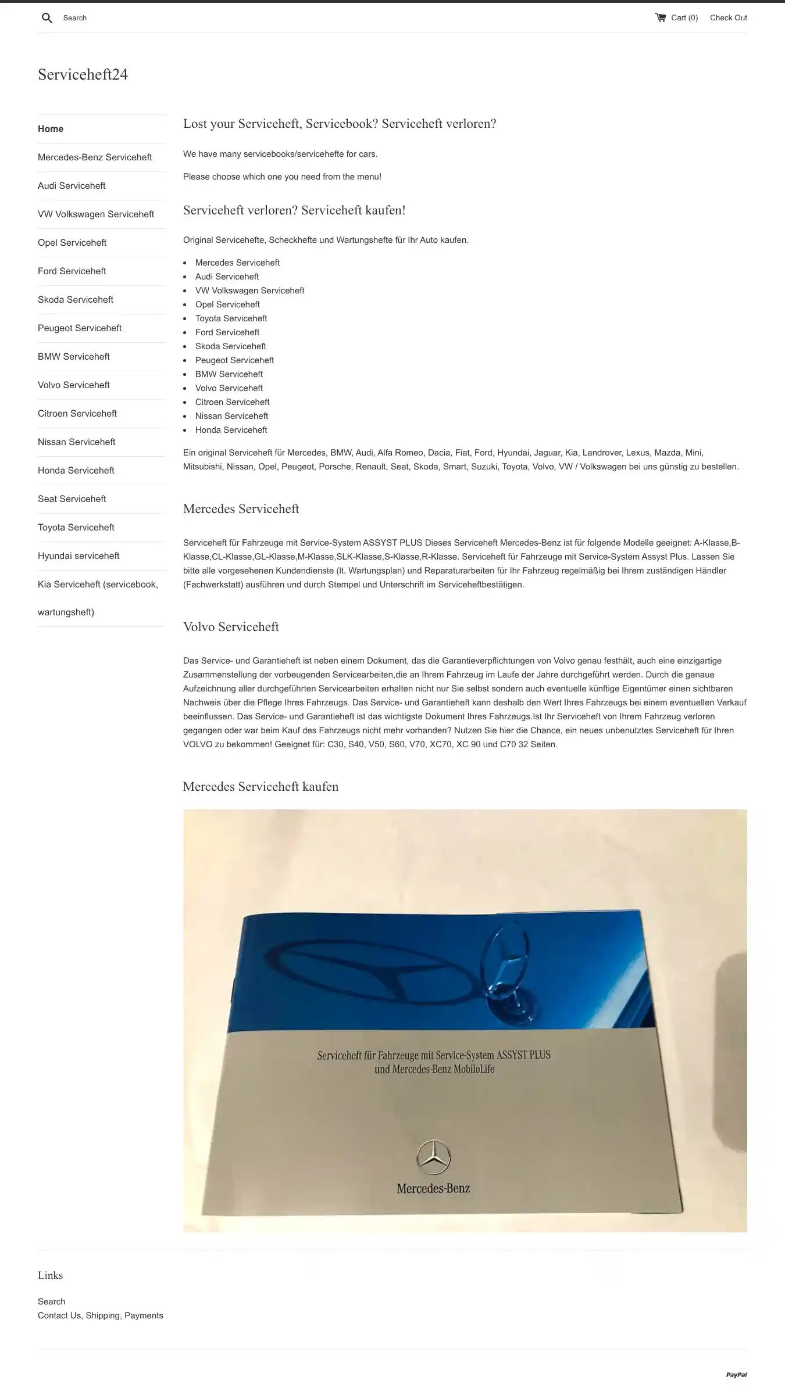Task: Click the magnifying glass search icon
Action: (x=47, y=18)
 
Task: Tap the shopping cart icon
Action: (x=661, y=17)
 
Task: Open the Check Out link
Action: (x=728, y=17)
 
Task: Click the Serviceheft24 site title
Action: (x=83, y=74)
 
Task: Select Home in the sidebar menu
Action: (x=51, y=129)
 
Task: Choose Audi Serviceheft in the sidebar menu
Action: (x=72, y=186)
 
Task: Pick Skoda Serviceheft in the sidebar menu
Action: (x=76, y=300)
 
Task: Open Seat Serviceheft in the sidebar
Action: (x=72, y=499)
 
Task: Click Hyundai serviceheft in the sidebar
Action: (x=78, y=556)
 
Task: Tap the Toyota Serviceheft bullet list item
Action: (x=231, y=318)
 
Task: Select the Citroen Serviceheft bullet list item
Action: (x=232, y=402)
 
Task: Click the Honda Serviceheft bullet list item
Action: (x=231, y=430)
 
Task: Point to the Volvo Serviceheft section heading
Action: (x=231, y=627)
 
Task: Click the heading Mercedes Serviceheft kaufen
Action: (x=261, y=787)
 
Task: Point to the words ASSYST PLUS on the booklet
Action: (x=523, y=1055)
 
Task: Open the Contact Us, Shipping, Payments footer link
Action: (x=101, y=1315)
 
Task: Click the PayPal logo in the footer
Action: (x=736, y=1375)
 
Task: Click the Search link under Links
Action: (x=52, y=1302)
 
